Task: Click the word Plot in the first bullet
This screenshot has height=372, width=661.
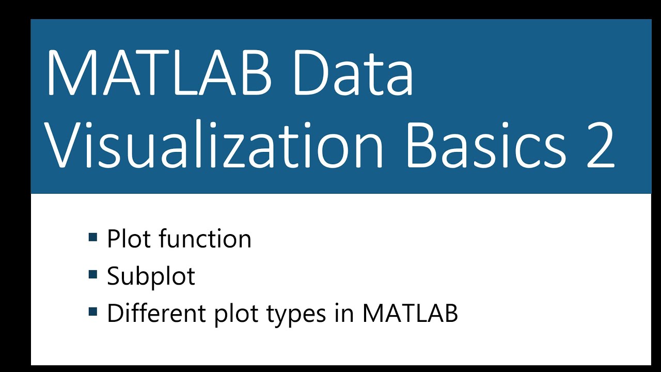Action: [x=129, y=239]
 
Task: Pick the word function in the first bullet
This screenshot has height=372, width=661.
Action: [x=205, y=239]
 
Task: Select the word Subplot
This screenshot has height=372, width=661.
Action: [x=151, y=277]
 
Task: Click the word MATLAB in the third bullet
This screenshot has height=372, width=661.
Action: [x=410, y=314]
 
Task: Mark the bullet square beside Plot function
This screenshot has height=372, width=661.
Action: [x=93, y=238]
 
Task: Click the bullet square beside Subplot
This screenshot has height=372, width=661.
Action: [x=93, y=274]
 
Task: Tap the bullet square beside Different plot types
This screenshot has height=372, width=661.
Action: [x=93, y=312]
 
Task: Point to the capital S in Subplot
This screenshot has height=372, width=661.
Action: [x=115, y=276]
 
